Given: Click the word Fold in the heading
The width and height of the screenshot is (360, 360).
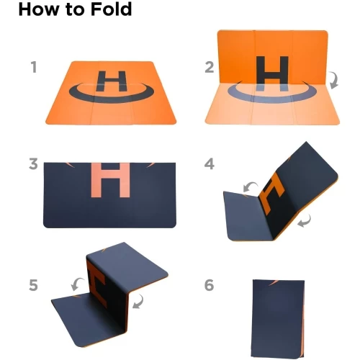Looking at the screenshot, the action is (x=111, y=9).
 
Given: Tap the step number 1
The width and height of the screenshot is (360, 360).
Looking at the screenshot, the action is (x=34, y=67).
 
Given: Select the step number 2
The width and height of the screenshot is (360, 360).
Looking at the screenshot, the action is (x=210, y=67).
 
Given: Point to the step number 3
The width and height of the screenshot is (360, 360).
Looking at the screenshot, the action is (x=33, y=164).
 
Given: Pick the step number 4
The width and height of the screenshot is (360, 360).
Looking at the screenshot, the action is (x=210, y=164).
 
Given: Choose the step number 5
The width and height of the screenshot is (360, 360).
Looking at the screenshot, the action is (x=33, y=285).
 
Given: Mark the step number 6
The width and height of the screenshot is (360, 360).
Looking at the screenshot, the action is (x=209, y=285).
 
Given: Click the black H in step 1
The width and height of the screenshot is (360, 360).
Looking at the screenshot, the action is (x=111, y=81).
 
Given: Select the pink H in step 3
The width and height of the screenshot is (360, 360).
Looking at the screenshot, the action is (x=111, y=180).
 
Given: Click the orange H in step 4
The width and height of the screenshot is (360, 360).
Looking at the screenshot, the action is (x=272, y=193).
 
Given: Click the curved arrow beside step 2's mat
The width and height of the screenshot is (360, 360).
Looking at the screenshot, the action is (x=334, y=80).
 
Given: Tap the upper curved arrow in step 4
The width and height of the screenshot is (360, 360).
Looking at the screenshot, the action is (x=250, y=187).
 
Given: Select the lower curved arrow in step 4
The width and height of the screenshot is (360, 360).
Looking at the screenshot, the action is (x=305, y=221).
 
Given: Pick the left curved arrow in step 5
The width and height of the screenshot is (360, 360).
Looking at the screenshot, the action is (x=77, y=284).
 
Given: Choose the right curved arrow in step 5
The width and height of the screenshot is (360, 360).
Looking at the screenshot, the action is (x=138, y=302).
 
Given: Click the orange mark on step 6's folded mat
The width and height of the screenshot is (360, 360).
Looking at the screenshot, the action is (x=274, y=283).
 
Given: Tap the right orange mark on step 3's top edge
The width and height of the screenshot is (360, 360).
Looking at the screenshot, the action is (x=150, y=165).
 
